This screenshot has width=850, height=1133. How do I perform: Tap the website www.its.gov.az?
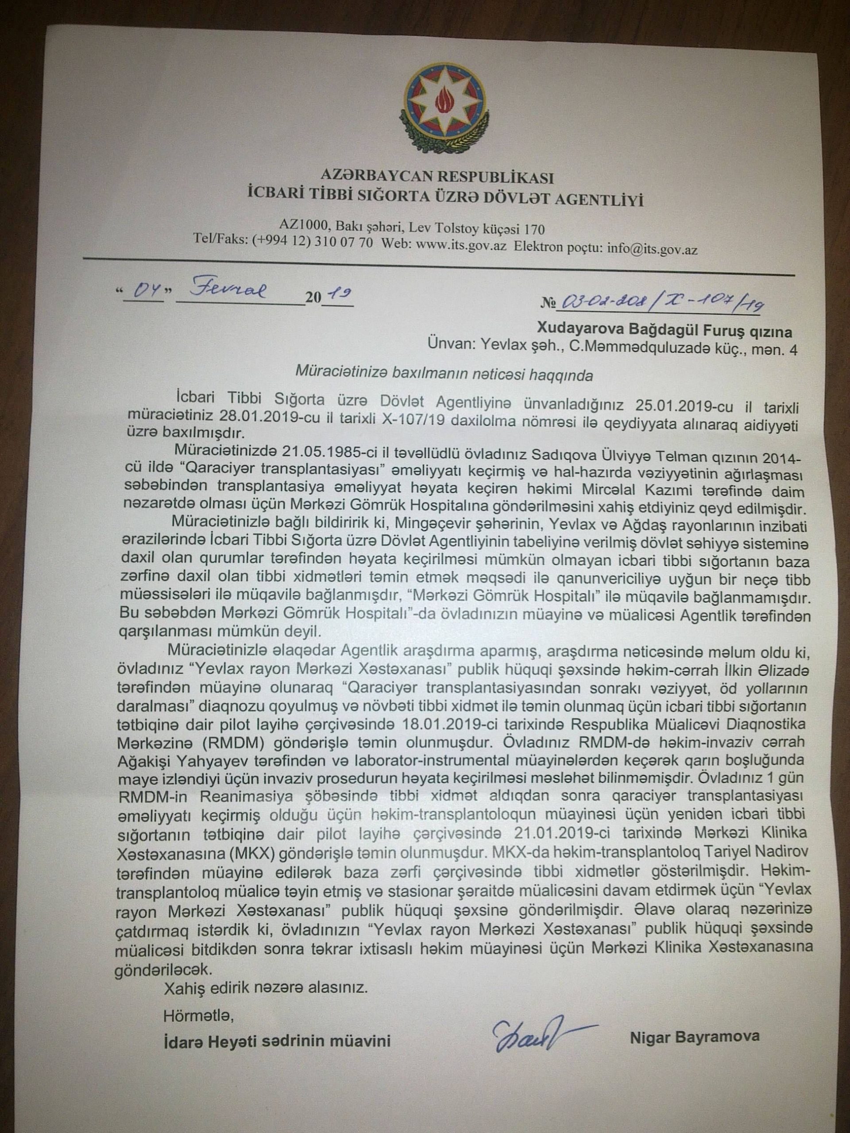pos(463,246)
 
